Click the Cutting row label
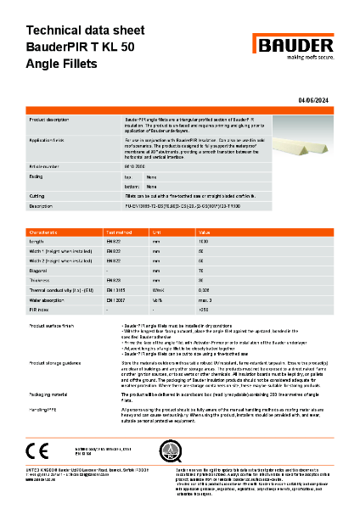click(x=41, y=195)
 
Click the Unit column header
click(x=180, y=231)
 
